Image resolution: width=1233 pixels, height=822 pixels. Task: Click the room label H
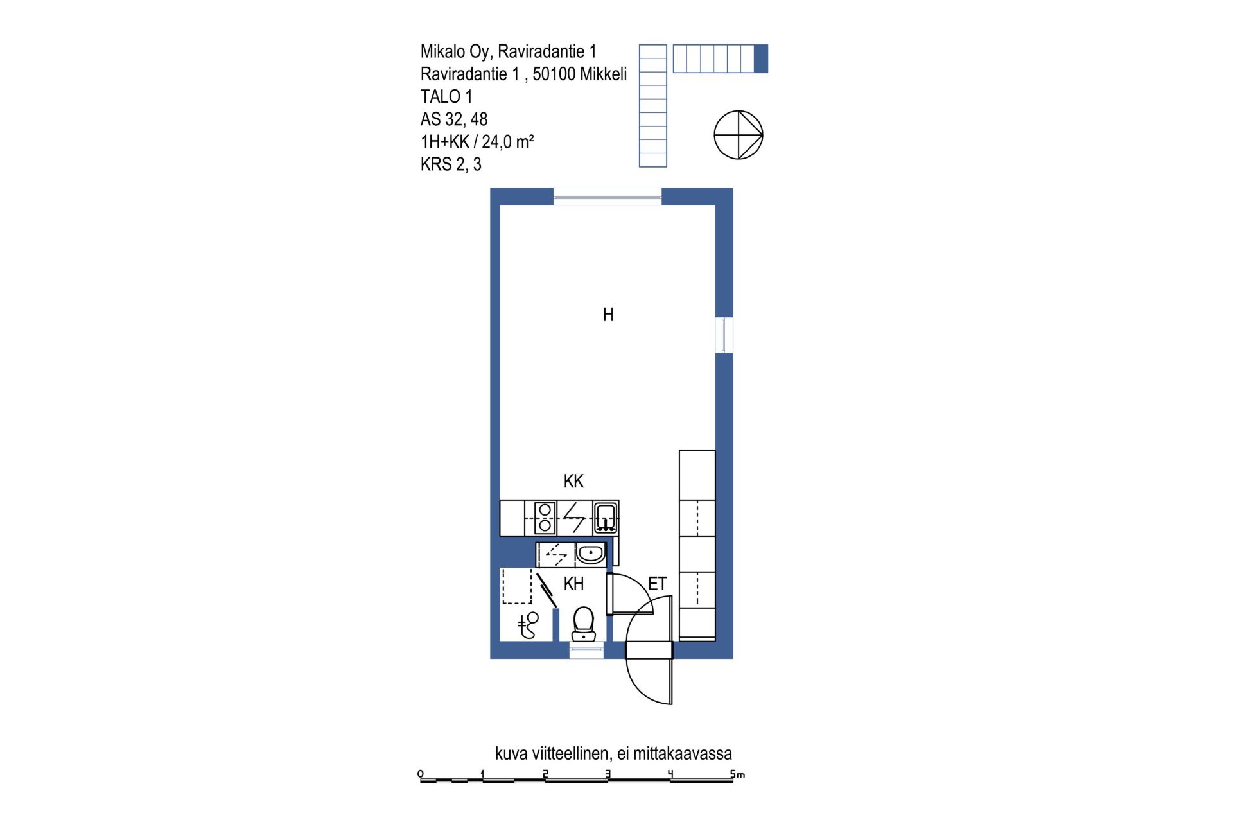click(608, 315)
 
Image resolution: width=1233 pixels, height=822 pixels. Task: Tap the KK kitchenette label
click(573, 481)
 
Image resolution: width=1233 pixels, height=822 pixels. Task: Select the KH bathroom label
click(573, 584)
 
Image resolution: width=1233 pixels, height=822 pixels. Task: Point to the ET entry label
click(657, 584)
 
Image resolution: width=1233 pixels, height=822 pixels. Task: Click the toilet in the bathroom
click(583, 624)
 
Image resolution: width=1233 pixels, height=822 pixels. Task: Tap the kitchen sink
click(606, 518)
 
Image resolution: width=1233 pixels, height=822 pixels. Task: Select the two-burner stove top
click(545, 518)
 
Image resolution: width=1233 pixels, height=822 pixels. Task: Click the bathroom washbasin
click(590, 554)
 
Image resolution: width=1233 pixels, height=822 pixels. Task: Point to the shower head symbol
click(529, 625)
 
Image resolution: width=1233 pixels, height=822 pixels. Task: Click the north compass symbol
click(739, 135)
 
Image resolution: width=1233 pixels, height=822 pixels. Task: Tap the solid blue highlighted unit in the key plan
click(760, 58)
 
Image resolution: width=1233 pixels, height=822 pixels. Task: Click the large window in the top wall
click(608, 197)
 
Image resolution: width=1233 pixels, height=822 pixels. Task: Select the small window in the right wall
click(724, 335)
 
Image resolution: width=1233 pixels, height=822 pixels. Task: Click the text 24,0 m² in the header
click(508, 141)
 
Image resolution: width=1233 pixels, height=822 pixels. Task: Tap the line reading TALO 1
click(446, 96)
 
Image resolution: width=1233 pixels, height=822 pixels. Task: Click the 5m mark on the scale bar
click(737, 774)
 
